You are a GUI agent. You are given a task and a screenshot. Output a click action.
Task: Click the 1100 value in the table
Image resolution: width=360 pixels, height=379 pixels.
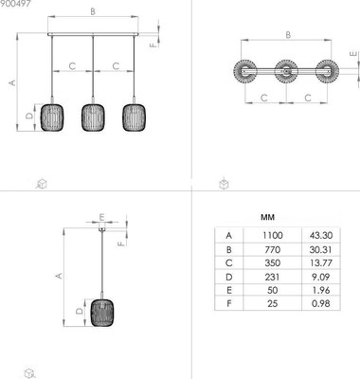tap(273, 235)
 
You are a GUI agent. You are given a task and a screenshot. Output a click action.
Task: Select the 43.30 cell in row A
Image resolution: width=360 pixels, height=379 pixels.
tap(321, 235)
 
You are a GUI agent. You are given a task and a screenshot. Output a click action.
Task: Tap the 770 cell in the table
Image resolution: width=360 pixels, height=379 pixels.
tap(273, 249)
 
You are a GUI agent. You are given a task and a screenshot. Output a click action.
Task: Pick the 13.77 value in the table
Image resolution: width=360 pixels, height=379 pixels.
tap(320, 262)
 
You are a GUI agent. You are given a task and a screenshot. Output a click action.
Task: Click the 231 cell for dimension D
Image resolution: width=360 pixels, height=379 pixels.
tap(272, 277)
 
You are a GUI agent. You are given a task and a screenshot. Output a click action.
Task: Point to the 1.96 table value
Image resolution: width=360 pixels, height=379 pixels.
tap(321, 290)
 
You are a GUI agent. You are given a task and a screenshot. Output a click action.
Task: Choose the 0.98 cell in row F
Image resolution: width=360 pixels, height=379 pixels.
tap(321, 303)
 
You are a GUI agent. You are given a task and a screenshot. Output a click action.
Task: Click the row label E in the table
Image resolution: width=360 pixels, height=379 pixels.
tap(229, 290)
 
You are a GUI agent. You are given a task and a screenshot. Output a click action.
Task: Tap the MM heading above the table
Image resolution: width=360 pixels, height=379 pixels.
tap(267, 217)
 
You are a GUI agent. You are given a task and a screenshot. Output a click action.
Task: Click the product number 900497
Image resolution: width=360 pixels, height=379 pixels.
tap(15, 4)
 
